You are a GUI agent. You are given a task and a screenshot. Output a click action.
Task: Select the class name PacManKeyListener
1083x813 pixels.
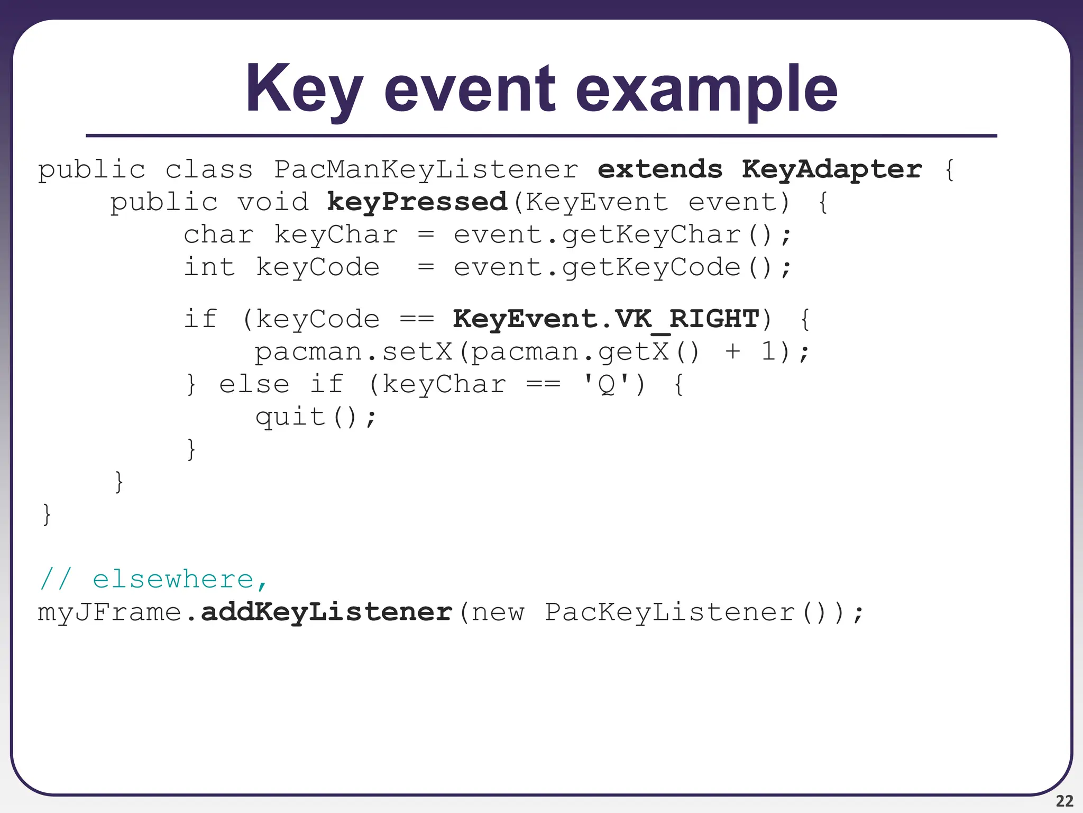point(426,170)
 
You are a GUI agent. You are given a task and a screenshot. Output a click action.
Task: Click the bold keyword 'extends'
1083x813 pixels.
point(660,170)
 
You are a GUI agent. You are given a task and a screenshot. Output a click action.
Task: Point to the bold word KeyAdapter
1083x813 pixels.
point(832,170)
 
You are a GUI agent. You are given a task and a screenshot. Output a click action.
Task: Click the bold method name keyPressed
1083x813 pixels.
point(417,202)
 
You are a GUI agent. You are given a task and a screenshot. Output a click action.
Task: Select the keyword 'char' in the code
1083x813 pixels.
point(218,235)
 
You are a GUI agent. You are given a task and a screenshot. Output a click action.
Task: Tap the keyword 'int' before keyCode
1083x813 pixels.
point(209,267)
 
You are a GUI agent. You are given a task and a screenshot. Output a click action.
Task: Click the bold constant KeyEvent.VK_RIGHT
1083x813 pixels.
point(606,319)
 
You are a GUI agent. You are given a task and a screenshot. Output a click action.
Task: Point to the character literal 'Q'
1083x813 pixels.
point(606,384)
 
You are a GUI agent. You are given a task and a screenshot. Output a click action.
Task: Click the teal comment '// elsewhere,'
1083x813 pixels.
point(154,580)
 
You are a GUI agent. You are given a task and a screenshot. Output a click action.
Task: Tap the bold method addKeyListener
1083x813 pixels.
point(327,612)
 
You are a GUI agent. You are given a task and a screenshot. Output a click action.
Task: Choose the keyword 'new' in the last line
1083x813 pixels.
point(498,612)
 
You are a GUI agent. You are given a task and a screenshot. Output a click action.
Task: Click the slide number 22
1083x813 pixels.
point(1064,801)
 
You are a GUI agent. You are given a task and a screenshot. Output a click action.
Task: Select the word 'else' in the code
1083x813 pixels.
point(254,384)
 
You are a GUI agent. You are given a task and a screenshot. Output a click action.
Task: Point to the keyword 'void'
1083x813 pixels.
point(272,202)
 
